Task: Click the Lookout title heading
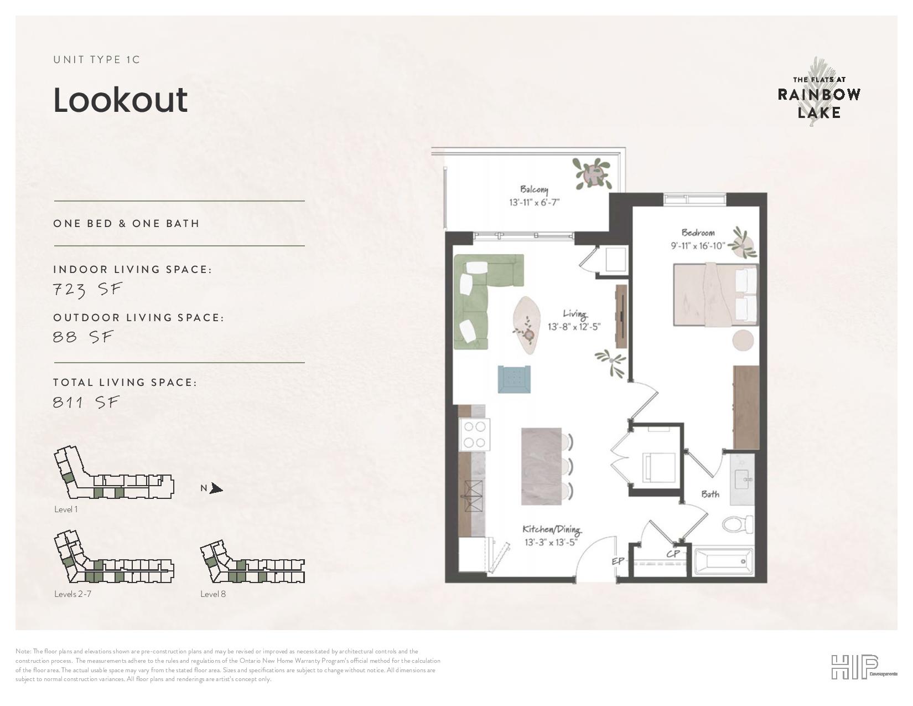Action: (x=120, y=100)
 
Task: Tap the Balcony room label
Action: (x=534, y=189)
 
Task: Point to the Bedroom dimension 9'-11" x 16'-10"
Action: (x=698, y=245)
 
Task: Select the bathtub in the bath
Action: (x=724, y=561)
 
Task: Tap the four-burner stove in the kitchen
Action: (x=475, y=434)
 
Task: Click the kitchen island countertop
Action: (x=541, y=466)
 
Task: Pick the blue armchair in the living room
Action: (x=514, y=379)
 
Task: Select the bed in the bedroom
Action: (x=715, y=295)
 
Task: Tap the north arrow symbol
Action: (x=216, y=488)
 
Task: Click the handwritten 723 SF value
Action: (x=87, y=289)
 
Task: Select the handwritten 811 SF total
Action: (x=86, y=403)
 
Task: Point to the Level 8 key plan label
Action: (x=213, y=594)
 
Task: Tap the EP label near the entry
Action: (x=618, y=560)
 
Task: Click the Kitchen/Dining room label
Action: (x=551, y=530)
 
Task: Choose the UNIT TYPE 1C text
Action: (x=97, y=60)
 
